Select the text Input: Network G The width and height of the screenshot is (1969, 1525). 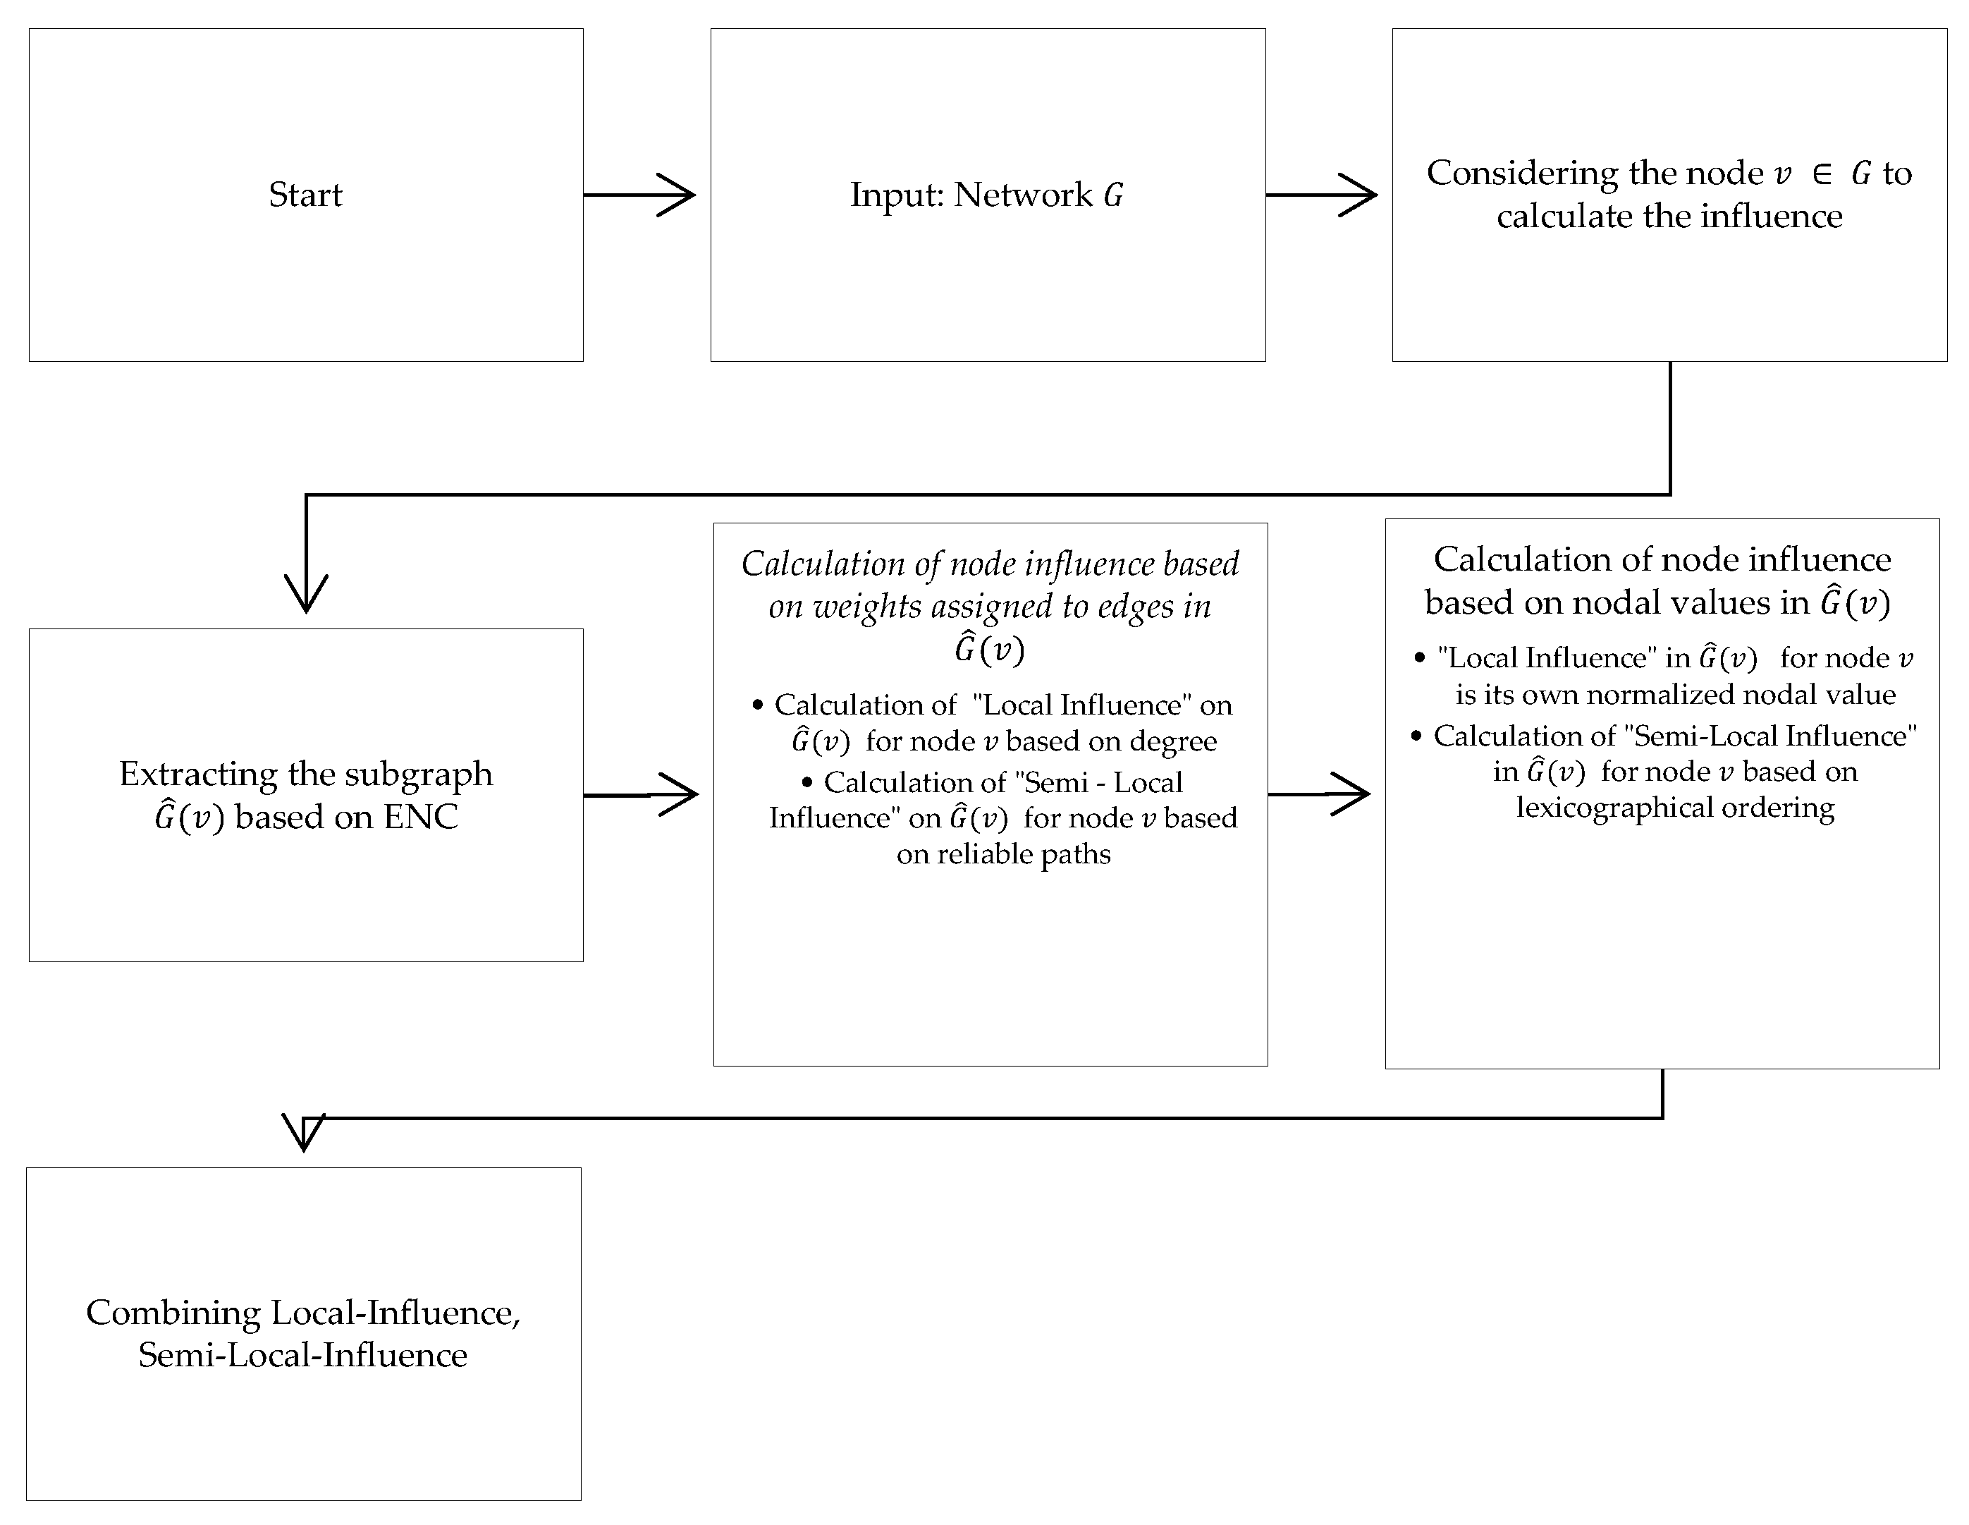click(986, 195)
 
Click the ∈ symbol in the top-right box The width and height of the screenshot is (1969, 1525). click(1821, 173)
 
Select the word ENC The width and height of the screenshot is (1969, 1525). click(421, 817)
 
